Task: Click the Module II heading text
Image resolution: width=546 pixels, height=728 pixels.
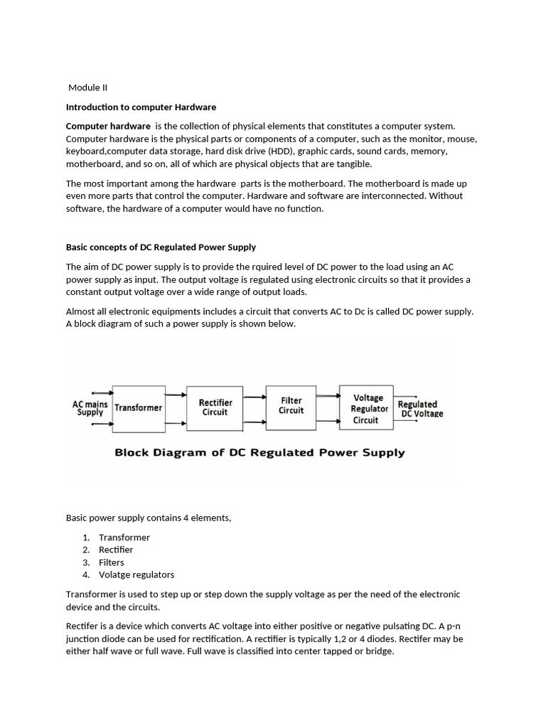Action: click(87, 87)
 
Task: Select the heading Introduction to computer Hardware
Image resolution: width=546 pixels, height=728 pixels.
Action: click(141, 107)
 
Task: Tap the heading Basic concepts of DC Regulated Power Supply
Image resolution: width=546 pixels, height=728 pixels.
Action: click(161, 247)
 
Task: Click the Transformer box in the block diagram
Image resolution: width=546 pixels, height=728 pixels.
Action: click(139, 408)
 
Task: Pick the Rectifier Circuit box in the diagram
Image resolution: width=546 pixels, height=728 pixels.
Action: click(215, 407)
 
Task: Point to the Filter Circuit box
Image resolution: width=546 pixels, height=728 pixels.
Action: click(291, 406)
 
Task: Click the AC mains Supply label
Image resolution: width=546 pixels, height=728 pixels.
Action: click(90, 408)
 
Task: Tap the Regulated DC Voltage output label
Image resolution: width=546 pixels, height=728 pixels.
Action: click(419, 409)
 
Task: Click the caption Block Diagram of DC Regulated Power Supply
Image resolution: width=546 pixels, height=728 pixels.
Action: click(259, 453)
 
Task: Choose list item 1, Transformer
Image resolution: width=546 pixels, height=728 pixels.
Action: click(124, 537)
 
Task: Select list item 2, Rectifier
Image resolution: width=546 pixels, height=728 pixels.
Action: click(116, 550)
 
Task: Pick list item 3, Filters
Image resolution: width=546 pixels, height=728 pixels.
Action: click(112, 562)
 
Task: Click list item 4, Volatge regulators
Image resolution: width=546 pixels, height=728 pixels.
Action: click(136, 574)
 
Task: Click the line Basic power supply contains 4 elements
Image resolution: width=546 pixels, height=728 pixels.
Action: click(149, 518)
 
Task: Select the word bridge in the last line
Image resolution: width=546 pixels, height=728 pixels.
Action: click(379, 651)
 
